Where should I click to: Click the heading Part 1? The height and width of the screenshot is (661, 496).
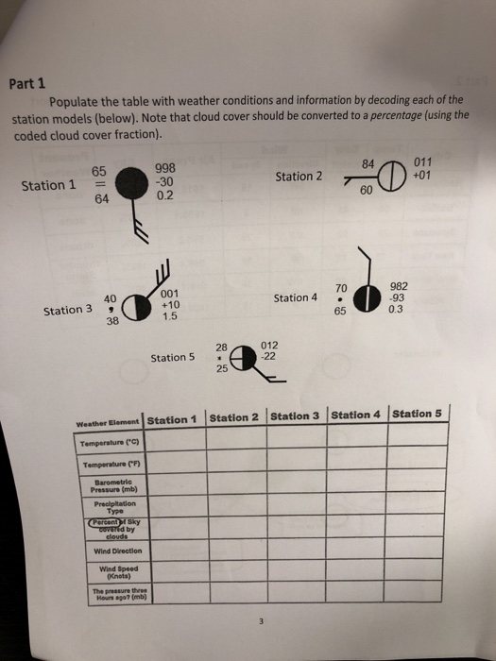click(27, 83)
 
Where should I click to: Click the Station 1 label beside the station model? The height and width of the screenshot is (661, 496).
click(48, 185)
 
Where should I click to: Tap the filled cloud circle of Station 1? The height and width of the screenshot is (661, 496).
click(122, 193)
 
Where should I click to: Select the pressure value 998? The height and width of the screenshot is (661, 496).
click(164, 170)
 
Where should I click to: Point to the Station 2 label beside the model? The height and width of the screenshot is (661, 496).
click(299, 176)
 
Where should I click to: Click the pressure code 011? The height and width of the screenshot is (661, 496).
click(425, 163)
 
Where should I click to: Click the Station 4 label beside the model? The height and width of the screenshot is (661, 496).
click(296, 298)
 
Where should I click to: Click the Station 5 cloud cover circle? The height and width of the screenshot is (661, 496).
click(242, 359)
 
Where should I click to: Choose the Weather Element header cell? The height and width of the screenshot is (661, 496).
click(109, 421)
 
